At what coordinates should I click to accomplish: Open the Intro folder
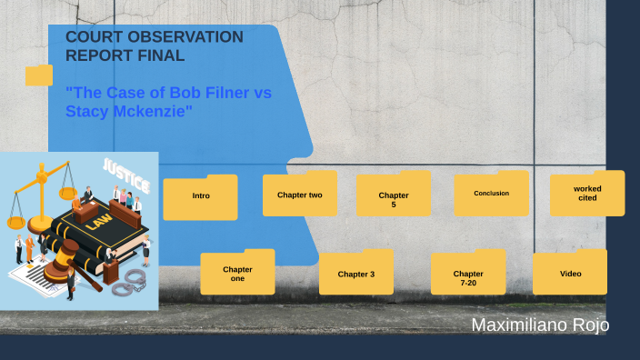[200, 197]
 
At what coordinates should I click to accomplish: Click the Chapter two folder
[299, 195]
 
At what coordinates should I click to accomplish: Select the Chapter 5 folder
[393, 197]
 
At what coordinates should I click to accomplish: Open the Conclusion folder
[491, 195]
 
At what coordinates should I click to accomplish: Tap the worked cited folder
[587, 195]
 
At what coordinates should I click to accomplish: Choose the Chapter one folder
[237, 274]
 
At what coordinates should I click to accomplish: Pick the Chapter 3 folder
[355, 274]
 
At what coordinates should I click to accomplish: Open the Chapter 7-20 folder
[467, 275]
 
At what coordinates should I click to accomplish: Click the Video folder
[570, 274]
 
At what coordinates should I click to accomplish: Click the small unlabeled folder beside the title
[39, 75]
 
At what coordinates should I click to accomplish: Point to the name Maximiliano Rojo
[540, 325]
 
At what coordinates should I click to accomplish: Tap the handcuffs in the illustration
[129, 279]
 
